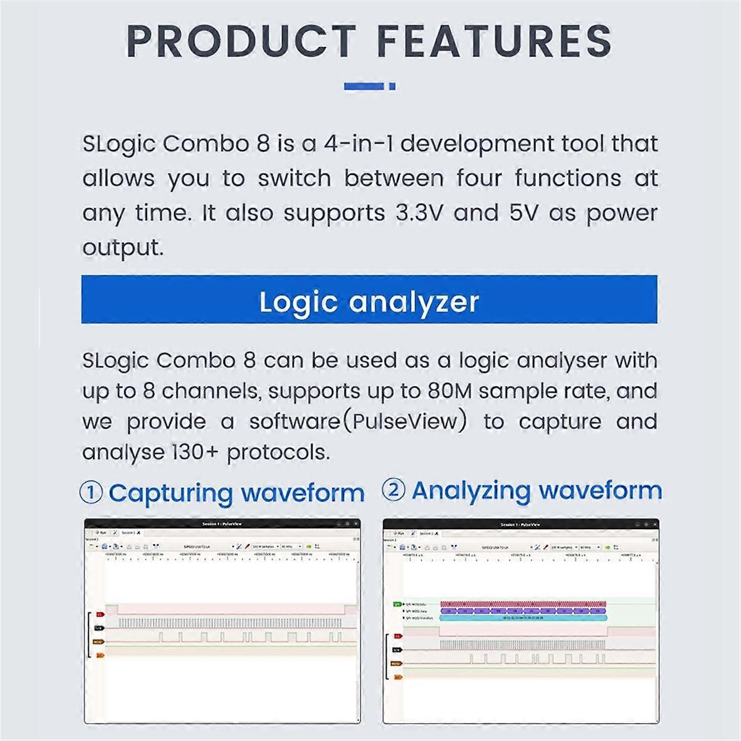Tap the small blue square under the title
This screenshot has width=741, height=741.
(392, 86)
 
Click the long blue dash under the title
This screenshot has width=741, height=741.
(364, 86)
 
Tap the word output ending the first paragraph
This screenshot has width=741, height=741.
(122, 248)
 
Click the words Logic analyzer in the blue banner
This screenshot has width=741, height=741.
(369, 301)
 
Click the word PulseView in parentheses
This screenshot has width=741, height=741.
(405, 422)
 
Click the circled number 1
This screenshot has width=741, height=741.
(91, 493)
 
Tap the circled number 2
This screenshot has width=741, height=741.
(393, 490)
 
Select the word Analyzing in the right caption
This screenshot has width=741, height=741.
(471, 490)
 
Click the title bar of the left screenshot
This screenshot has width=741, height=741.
(222, 524)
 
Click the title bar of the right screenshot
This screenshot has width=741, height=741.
(520, 524)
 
